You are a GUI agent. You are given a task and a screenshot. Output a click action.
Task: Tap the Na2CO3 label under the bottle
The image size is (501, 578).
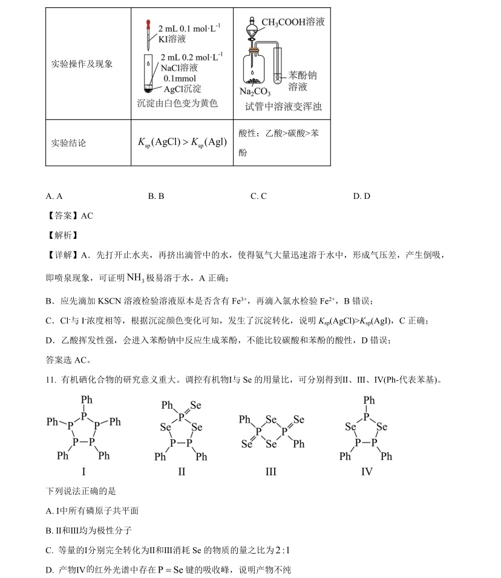[x=255, y=92]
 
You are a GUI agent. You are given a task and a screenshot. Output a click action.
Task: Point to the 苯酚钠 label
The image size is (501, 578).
[x=302, y=76]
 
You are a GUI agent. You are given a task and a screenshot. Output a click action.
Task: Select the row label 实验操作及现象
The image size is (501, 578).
[x=82, y=63]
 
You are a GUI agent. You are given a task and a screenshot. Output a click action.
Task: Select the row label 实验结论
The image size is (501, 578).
[x=68, y=143]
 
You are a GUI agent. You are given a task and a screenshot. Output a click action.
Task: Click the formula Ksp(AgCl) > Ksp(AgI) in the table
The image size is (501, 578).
[x=182, y=143]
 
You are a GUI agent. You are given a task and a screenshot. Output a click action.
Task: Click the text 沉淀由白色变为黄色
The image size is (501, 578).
[x=177, y=103]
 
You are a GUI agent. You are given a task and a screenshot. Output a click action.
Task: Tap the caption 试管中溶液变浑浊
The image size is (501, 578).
[x=283, y=106]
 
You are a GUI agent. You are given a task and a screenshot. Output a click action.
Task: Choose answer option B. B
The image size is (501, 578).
[x=156, y=196]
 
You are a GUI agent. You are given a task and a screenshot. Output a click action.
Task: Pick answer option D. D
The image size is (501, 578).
[x=361, y=196]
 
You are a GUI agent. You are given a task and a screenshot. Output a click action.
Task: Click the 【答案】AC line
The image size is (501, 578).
[x=70, y=216]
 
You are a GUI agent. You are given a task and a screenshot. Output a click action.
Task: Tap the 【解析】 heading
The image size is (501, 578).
[x=62, y=235]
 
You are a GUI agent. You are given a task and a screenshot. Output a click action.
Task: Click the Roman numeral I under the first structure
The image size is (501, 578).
[x=83, y=471]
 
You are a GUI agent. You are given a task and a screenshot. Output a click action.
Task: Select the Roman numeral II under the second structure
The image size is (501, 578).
[x=182, y=471]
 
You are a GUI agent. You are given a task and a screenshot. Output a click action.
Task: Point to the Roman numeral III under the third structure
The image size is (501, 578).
[x=270, y=471]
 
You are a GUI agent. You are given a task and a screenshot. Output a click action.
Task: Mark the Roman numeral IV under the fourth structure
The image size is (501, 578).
[x=367, y=471]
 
